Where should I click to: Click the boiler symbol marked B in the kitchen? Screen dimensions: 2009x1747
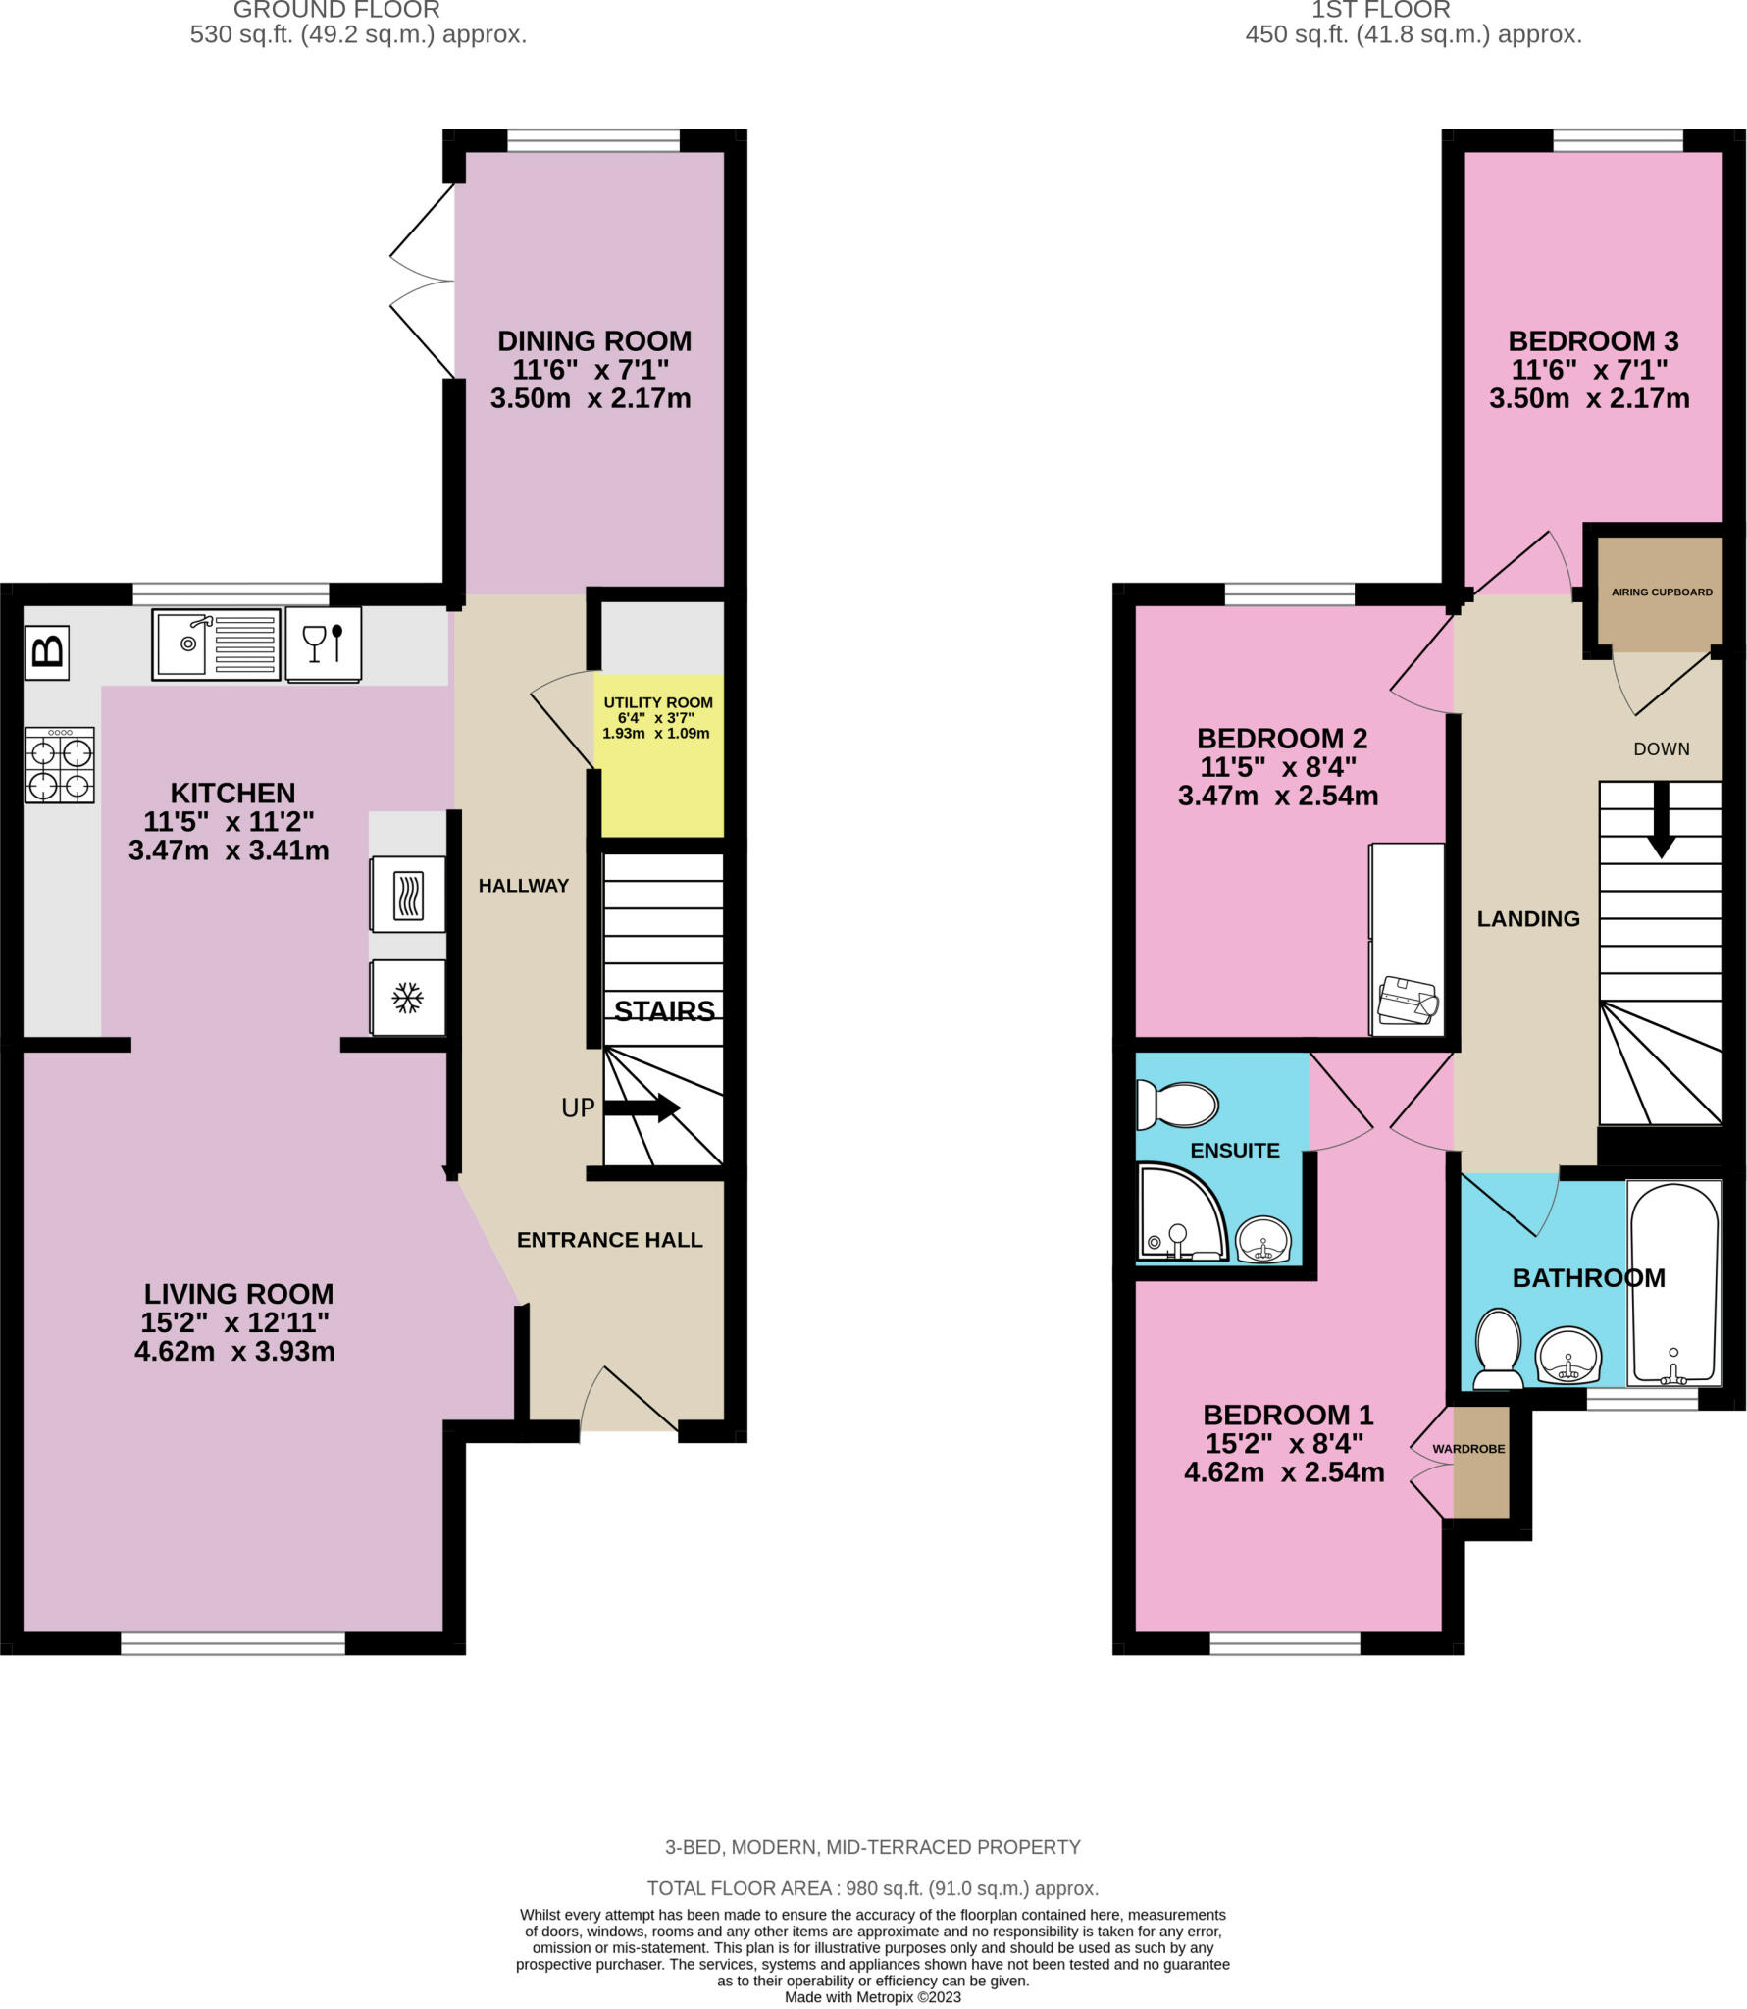pos(48,652)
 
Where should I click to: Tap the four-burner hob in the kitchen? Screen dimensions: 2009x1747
pos(61,764)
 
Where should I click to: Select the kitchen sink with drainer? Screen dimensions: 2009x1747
pos(216,644)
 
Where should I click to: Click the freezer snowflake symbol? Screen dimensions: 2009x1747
pos(407,998)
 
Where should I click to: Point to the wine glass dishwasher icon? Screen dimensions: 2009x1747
pos(324,644)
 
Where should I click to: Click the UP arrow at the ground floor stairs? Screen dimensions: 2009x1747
pos(642,1108)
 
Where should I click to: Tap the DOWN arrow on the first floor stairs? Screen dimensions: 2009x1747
pos(1661,818)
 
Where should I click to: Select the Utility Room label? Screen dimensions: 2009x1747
pos(657,702)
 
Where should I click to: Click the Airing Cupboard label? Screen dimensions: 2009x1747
pos(1661,592)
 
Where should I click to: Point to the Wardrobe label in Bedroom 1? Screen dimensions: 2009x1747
pos(1467,1448)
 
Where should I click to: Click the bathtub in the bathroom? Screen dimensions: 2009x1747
pos(1673,1283)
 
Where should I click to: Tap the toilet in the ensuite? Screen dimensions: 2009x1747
pos(1177,1105)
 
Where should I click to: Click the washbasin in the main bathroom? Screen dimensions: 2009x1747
pos(1567,1356)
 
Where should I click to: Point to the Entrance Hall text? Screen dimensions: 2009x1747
pos(609,1240)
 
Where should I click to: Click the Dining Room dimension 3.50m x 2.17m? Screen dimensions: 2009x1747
pos(591,399)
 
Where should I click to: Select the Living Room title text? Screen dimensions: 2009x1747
pos(238,1293)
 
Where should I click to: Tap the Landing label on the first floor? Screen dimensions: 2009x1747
pos(1527,918)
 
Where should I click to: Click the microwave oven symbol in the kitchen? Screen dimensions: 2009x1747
pos(408,895)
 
